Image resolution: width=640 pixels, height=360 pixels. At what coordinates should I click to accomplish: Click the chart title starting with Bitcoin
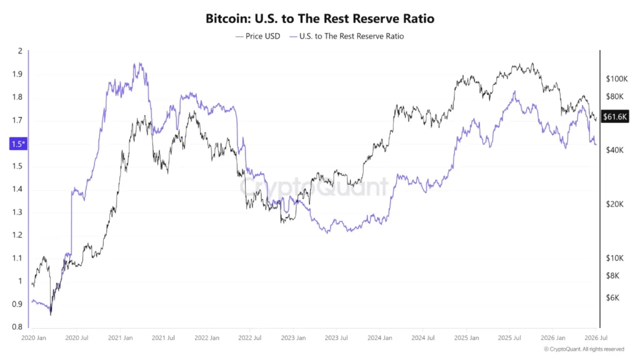[x=319, y=18]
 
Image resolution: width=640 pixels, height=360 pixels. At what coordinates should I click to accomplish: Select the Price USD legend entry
[x=258, y=36]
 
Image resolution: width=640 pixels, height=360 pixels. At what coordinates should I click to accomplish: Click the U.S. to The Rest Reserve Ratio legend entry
[x=346, y=36]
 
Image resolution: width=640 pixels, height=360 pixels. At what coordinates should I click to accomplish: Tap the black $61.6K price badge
[x=615, y=117]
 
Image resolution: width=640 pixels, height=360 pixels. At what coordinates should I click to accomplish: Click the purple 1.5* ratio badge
[x=18, y=144]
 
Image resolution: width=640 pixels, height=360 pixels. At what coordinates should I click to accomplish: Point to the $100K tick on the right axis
[x=617, y=79]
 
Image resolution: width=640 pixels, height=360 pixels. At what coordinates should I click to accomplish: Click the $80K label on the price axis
[x=615, y=97]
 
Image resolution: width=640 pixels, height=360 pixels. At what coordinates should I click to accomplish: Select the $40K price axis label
[x=615, y=150]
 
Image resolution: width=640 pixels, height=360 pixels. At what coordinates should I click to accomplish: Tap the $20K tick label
[x=615, y=204]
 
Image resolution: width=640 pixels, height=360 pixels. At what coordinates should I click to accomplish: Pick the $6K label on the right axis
[x=612, y=298]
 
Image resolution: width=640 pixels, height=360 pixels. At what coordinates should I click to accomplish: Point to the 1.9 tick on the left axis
[x=17, y=74]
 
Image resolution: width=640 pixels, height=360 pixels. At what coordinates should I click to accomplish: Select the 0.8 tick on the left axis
[x=17, y=327]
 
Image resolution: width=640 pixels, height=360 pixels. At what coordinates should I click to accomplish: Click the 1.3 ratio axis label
[x=17, y=212]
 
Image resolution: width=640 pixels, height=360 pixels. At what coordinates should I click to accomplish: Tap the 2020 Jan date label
[x=34, y=338]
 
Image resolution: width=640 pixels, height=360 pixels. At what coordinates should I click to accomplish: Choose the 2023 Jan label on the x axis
[x=293, y=338]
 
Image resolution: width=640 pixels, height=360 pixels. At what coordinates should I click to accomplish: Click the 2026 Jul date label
[x=596, y=338]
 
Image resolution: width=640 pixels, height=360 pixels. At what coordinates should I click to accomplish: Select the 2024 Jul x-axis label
[x=423, y=338]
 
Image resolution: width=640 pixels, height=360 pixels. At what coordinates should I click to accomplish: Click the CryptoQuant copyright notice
[x=584, y=349]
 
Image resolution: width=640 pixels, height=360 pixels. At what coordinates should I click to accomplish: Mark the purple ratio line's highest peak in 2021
[x=140, y=63]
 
